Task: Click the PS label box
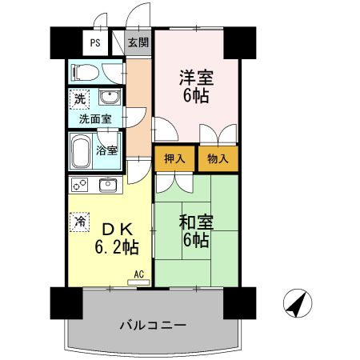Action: pos(95,44)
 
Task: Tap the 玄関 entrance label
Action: pos(138,43)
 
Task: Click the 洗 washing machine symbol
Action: pos(79,100)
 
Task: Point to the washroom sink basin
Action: pos(109,99)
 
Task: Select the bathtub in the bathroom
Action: pos(82,150)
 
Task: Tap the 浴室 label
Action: pos(107,150)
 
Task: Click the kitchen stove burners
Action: pos(80,186)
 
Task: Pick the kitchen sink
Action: pos(108,186)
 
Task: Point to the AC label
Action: pos(138,274)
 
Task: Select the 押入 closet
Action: pos(175,158)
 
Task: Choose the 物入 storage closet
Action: pos(218,158)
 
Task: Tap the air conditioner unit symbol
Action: pos(137,282)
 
